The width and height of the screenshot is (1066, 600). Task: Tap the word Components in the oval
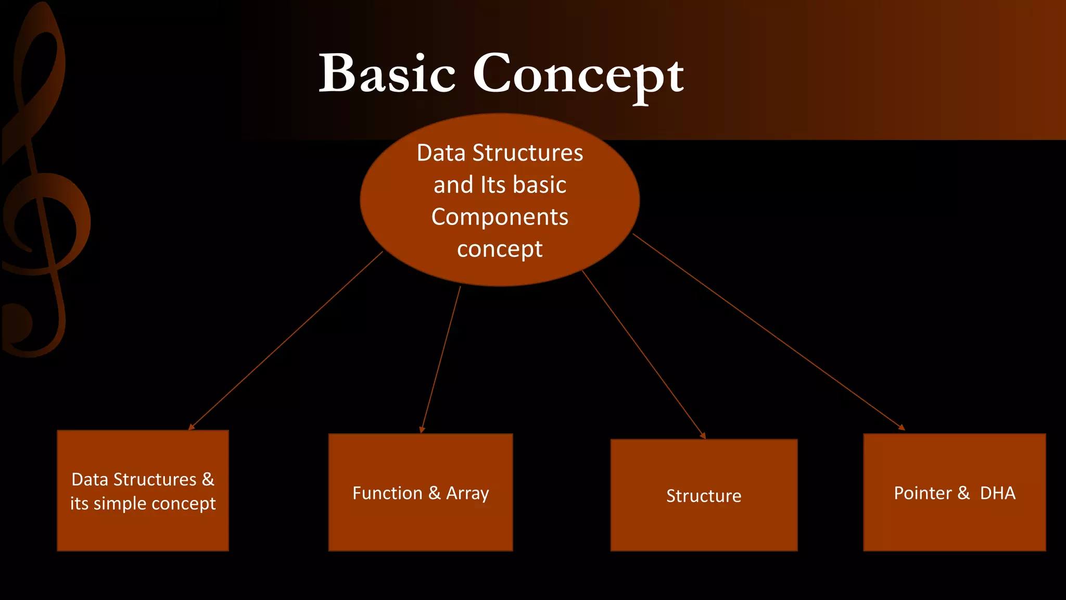(500, 217)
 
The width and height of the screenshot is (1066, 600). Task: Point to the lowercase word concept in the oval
(500, 249)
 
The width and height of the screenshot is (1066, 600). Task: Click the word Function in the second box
(387, 493)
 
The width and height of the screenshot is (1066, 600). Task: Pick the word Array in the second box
(467, 493)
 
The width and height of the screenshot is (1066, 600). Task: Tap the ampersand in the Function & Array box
(435, 493)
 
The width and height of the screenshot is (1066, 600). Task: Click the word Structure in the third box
(704, 496)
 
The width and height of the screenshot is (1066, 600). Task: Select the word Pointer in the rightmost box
(922, 493)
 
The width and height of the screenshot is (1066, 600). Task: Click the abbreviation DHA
(997, 493)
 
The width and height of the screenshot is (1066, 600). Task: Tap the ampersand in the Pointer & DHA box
(963, 493)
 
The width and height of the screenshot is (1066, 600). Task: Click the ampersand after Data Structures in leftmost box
(208, 479)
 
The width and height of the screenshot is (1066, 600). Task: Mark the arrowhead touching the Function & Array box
(422, 430)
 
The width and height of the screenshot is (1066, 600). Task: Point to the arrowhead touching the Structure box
(703, 436)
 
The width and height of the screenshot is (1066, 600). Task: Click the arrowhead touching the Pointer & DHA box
(902, 428)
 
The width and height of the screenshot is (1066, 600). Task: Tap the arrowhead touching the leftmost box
(191, 427)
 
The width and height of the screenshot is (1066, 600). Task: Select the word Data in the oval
(441, 153)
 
